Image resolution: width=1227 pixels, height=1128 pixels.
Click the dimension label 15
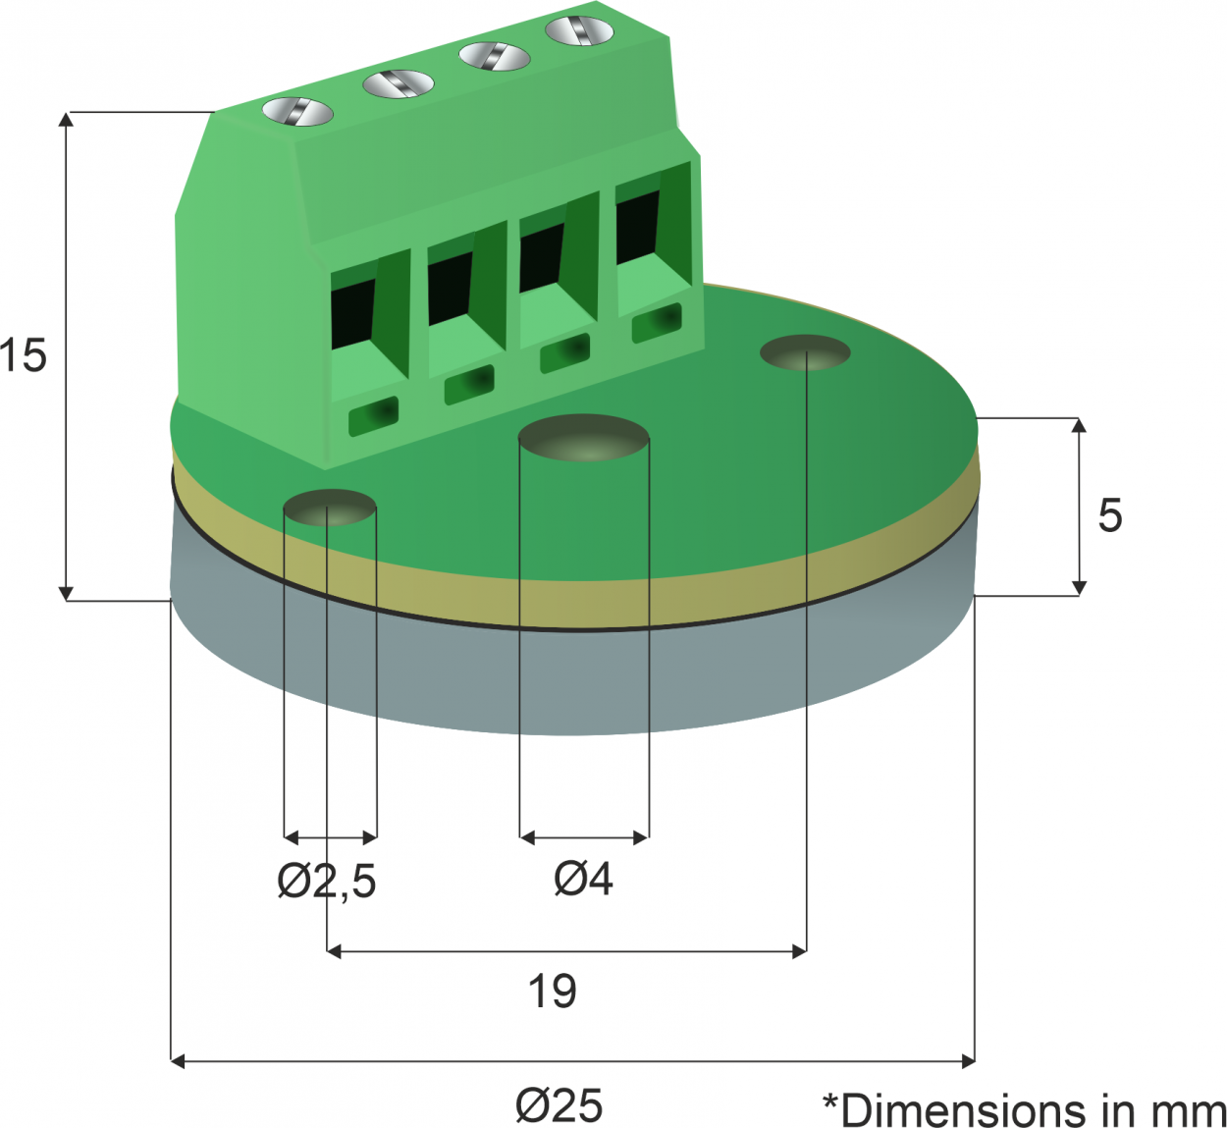(x=24, y=354)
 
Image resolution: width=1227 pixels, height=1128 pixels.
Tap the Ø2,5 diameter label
(x=327, y=881)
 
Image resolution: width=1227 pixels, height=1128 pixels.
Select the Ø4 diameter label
(x=583, y=879)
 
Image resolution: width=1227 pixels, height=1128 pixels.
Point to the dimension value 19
(x=552, y=992)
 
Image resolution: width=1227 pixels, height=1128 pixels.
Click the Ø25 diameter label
(x=560, y=1104)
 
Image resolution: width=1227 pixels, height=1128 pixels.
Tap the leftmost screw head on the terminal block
(x=297, y=113)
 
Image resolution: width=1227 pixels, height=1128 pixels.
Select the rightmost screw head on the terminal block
(x=580, y=29)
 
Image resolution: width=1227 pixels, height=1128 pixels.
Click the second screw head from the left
(x=399, y=83)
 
